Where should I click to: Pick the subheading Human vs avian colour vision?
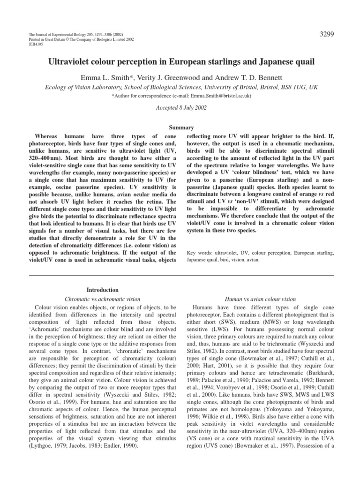tap(261, 299)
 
